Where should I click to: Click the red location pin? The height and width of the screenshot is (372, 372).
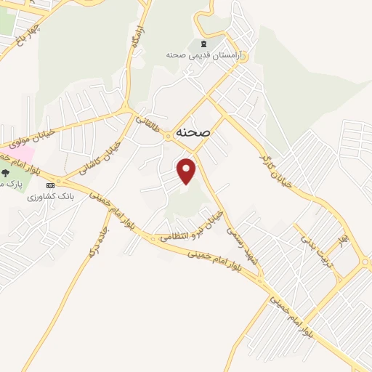[x=187, y=171]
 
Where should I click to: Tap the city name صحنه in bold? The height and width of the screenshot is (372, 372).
[x=193, y=133]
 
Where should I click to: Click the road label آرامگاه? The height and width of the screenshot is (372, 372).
[x=136, y=39]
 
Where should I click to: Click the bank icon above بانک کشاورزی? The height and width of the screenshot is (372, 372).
[x=50, y=185]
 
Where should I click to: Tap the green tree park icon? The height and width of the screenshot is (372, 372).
[x=6, y=173]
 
